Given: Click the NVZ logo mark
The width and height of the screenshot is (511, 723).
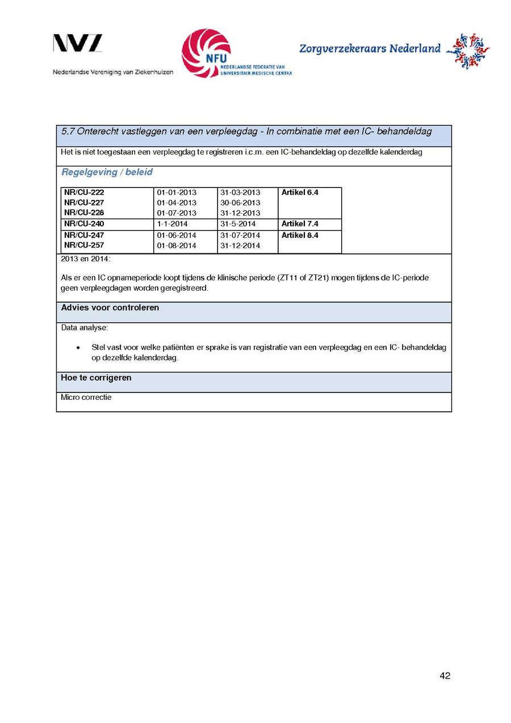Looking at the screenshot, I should tap(78, 44).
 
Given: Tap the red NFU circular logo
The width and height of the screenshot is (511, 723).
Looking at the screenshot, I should tap(206, 53).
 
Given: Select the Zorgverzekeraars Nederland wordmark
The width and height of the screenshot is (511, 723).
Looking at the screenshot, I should tap(370, 49).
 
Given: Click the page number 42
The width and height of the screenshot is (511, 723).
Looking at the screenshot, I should tap(445, 675).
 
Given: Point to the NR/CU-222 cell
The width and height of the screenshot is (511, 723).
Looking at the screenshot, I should tap(84, 193).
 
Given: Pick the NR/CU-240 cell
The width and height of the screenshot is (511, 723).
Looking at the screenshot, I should tap(84, 224).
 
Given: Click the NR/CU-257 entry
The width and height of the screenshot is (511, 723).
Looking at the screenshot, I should tap(84, 245).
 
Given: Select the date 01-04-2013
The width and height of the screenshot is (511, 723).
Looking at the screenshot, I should tap(177, 203).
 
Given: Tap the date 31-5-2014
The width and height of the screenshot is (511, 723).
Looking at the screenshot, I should tap(238, 224).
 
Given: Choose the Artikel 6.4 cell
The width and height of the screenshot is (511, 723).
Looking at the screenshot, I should tap(300, 193).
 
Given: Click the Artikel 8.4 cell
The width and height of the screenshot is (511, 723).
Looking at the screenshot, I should tap(300, 235).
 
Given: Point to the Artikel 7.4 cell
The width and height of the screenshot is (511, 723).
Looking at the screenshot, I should tap(300, 224).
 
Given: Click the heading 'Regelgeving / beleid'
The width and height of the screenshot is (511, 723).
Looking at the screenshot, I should tap(107, 172).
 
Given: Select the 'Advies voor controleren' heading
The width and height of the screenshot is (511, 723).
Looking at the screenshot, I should tap(110, 308).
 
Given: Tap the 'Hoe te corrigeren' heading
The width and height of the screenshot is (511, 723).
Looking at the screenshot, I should tap(96, 378).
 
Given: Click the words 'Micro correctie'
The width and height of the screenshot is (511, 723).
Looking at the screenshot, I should tap(86, 398).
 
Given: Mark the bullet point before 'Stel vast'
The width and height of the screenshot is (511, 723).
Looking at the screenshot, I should tap(77, 347).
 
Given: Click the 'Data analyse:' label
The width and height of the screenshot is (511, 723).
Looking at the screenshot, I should tap(84, 328).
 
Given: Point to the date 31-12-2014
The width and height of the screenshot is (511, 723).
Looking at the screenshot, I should tap(240, 245).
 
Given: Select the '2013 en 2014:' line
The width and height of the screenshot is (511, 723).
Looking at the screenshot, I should tap(86, 259).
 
